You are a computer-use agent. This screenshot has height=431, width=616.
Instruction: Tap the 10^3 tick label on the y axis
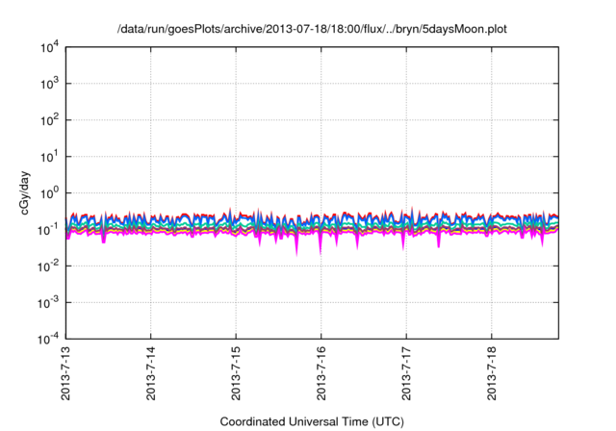pyautogui.click(x=48, y=84)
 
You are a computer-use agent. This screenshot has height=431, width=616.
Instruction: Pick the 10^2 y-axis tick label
pyautogui.click(x=48, y=120)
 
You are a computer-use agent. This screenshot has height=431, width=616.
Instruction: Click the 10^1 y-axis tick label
pyautogui.click(x=48, y=156)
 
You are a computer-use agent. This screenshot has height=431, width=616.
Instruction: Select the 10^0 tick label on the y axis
pyautogui.click(x=48, y=192)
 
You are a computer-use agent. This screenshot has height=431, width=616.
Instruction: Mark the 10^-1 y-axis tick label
pyautogui.click(x=48, y=229)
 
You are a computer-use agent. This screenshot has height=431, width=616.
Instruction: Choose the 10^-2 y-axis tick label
pyautogui.click(x=48, y=266)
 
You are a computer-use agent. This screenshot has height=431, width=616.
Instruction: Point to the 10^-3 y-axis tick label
pyautogui.click(x=48, y=302)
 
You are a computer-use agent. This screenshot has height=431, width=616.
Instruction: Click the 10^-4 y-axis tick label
pyautogui.click(x=48, y=339)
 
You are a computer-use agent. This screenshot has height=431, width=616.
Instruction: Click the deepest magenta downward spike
pyautogui.click(x=296, y=254)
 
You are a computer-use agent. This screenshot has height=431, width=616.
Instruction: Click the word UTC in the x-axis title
pyautogui.click(x=385, y=421)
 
